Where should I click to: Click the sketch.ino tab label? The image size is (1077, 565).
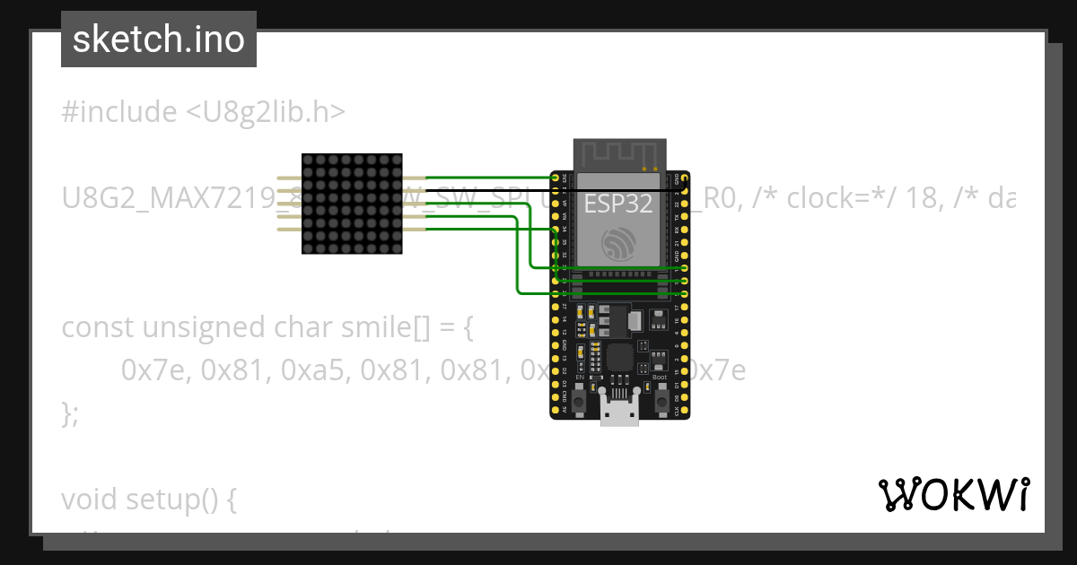(x=159, y=39)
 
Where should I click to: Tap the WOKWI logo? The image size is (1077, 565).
(x=952, y=494)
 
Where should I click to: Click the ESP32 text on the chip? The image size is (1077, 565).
(x=619, y=204)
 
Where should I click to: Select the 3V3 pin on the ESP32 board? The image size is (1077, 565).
(x=555, y=178)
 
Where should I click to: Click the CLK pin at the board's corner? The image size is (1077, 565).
(x=685, y=412)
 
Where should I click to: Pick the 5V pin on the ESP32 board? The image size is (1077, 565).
(x=555, y=412)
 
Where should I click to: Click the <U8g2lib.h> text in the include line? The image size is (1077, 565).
(x=266, y=112)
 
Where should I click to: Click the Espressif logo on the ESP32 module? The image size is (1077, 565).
(x=619, y=243)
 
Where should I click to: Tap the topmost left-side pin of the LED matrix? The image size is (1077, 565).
(x=289, y=178)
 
